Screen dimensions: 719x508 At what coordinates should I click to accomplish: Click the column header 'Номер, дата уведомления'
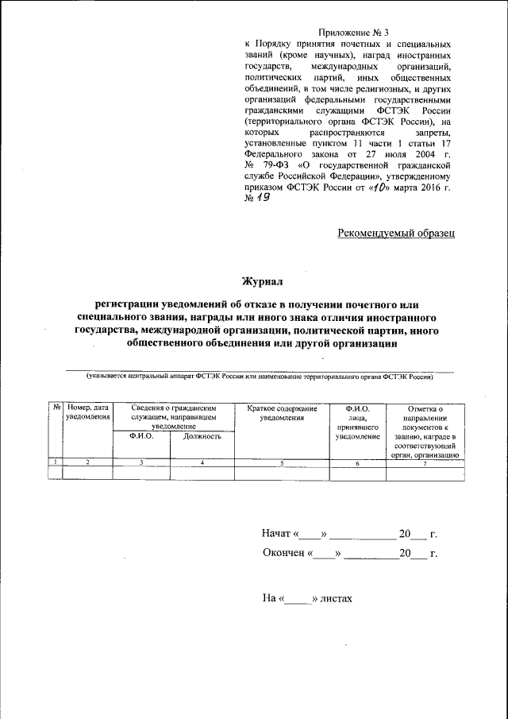point(88,412)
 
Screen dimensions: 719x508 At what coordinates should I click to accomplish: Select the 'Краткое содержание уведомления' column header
point(282,412)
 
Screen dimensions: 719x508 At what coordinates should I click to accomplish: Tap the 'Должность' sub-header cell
point(202,436)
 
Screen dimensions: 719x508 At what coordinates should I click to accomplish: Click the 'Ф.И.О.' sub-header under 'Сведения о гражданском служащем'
point(141,436)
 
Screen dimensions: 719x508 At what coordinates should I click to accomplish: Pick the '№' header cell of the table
point(56,408)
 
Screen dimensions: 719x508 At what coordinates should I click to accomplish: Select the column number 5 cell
point(282,462)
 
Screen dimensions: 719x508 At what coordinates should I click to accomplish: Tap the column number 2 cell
point(88,462)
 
